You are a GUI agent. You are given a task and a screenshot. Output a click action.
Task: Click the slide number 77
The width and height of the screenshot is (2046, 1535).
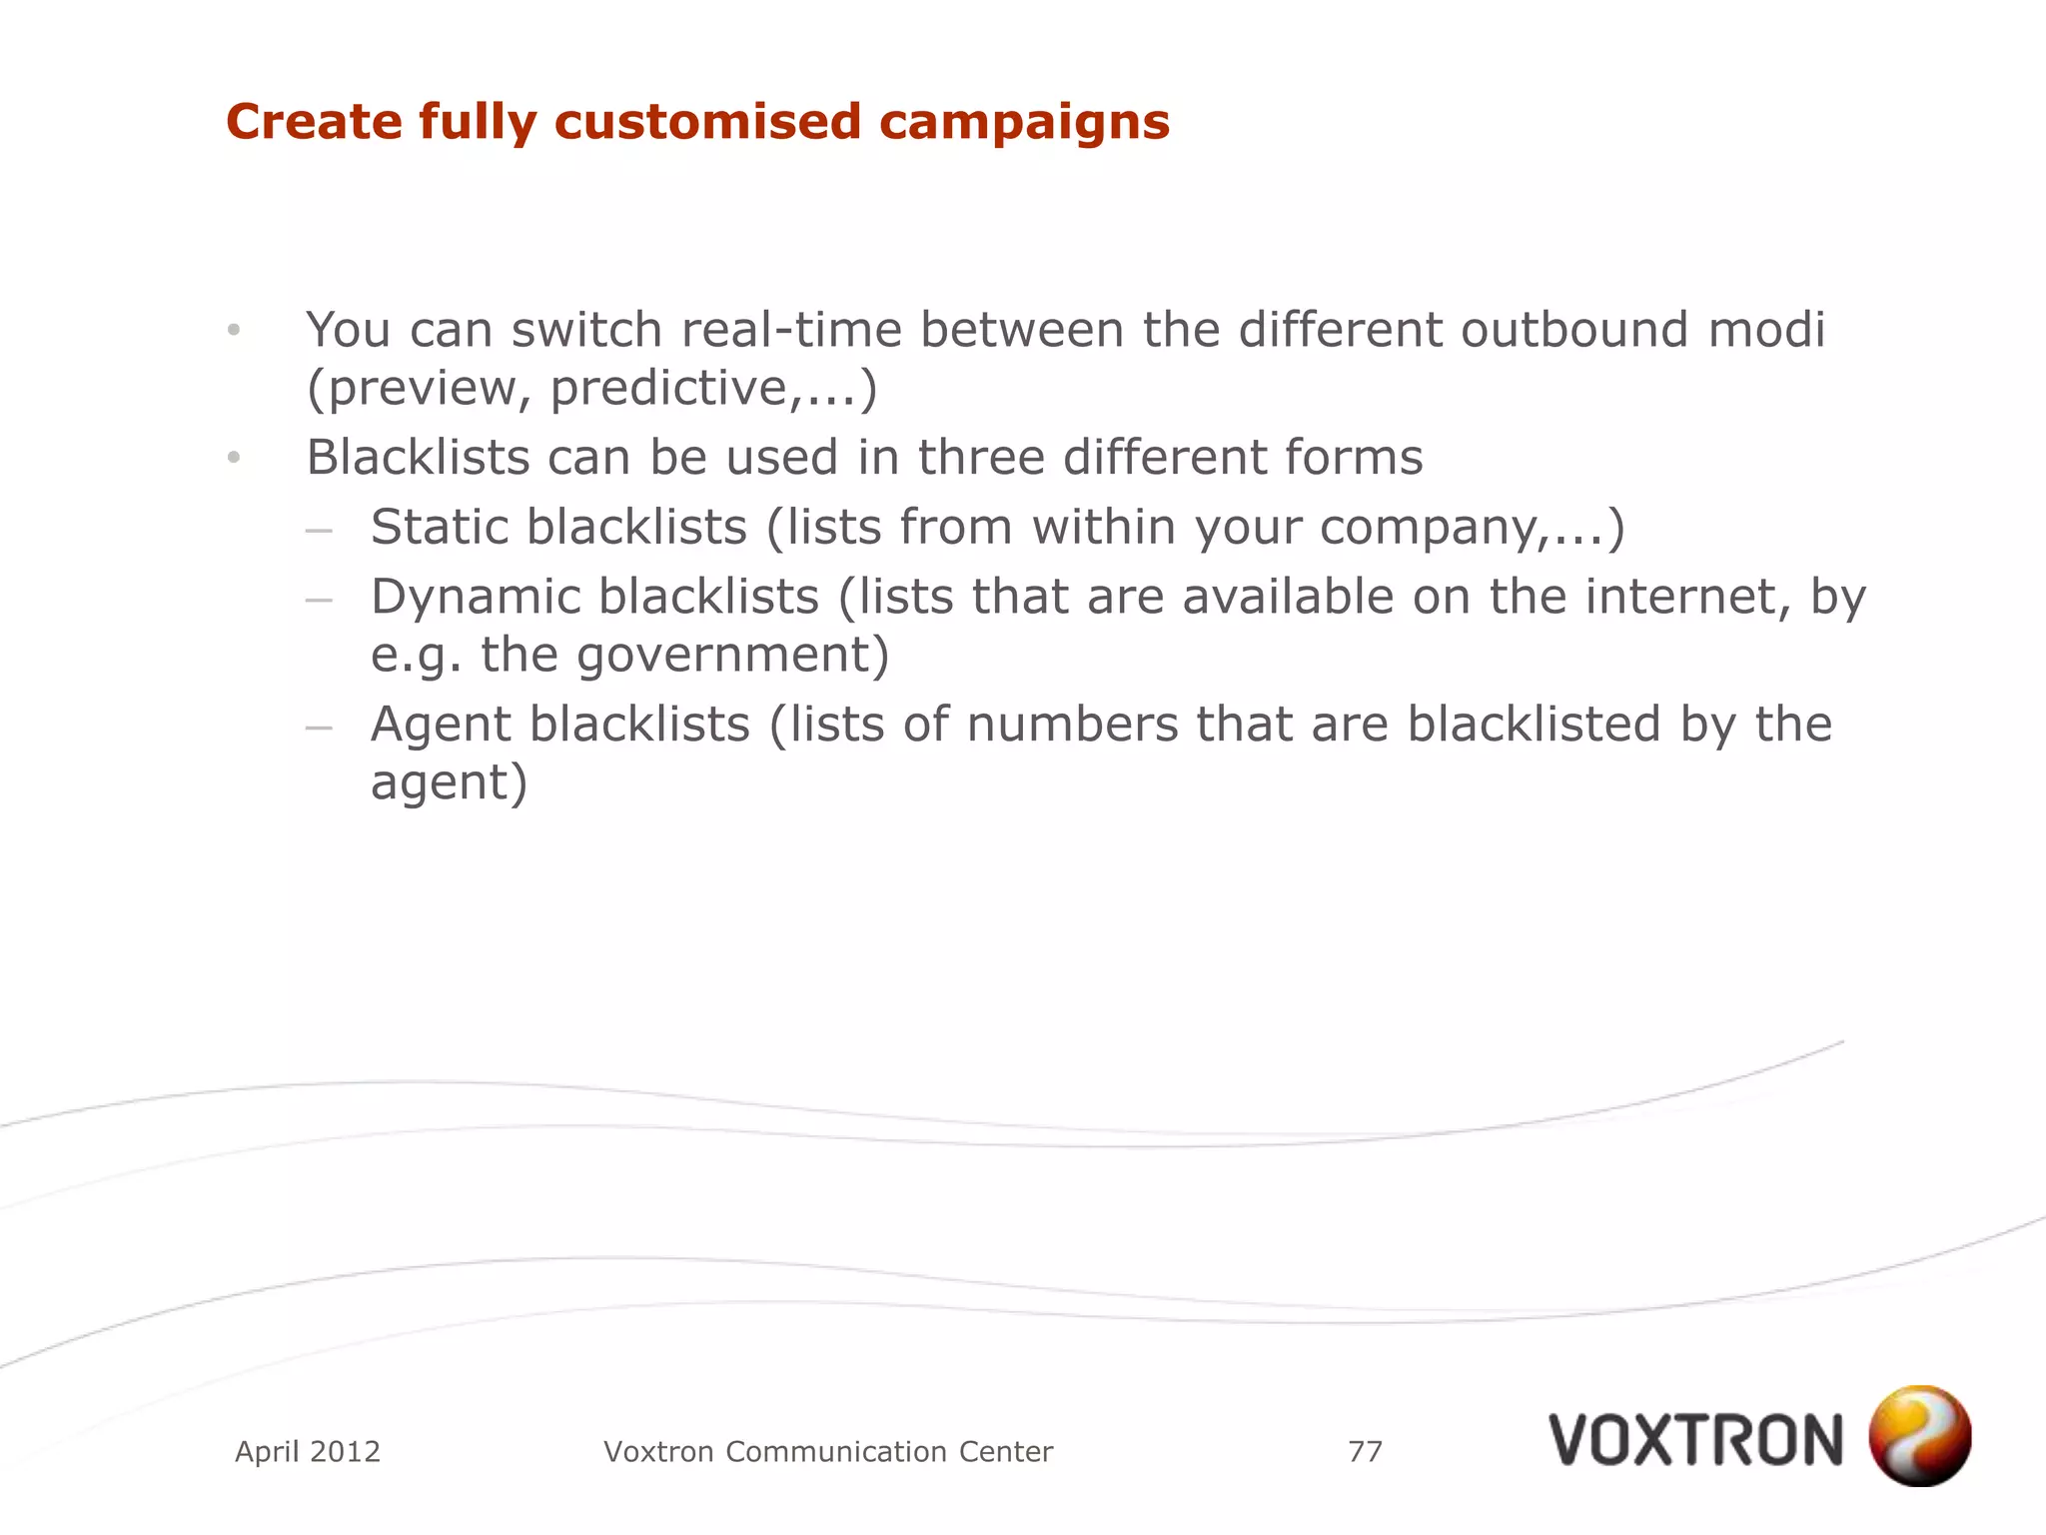(1365, 1451)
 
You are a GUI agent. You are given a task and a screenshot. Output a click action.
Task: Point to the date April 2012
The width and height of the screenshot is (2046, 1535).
(308, 1451)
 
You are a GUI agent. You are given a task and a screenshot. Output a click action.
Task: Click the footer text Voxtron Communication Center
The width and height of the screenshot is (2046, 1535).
(828, 1451)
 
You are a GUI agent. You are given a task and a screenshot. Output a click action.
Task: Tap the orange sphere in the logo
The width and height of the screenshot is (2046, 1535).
(1919, 1435)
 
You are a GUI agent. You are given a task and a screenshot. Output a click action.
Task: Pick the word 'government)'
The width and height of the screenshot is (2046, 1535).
(732, 657)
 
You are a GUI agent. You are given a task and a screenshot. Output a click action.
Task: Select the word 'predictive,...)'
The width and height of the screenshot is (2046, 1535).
(713, 388)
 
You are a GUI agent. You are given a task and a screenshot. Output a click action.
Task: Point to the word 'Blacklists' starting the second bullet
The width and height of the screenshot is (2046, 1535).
(418, 458)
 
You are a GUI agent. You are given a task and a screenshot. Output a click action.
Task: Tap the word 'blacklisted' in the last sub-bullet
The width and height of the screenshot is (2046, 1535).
(1534, 724)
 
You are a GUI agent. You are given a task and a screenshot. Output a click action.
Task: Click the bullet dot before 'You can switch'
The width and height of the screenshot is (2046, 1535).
(234, 330)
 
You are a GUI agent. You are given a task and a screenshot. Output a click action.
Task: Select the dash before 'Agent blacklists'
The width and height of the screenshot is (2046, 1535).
(319, 728)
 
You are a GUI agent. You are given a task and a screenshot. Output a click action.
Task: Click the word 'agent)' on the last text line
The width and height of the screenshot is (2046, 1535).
(449, 782)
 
